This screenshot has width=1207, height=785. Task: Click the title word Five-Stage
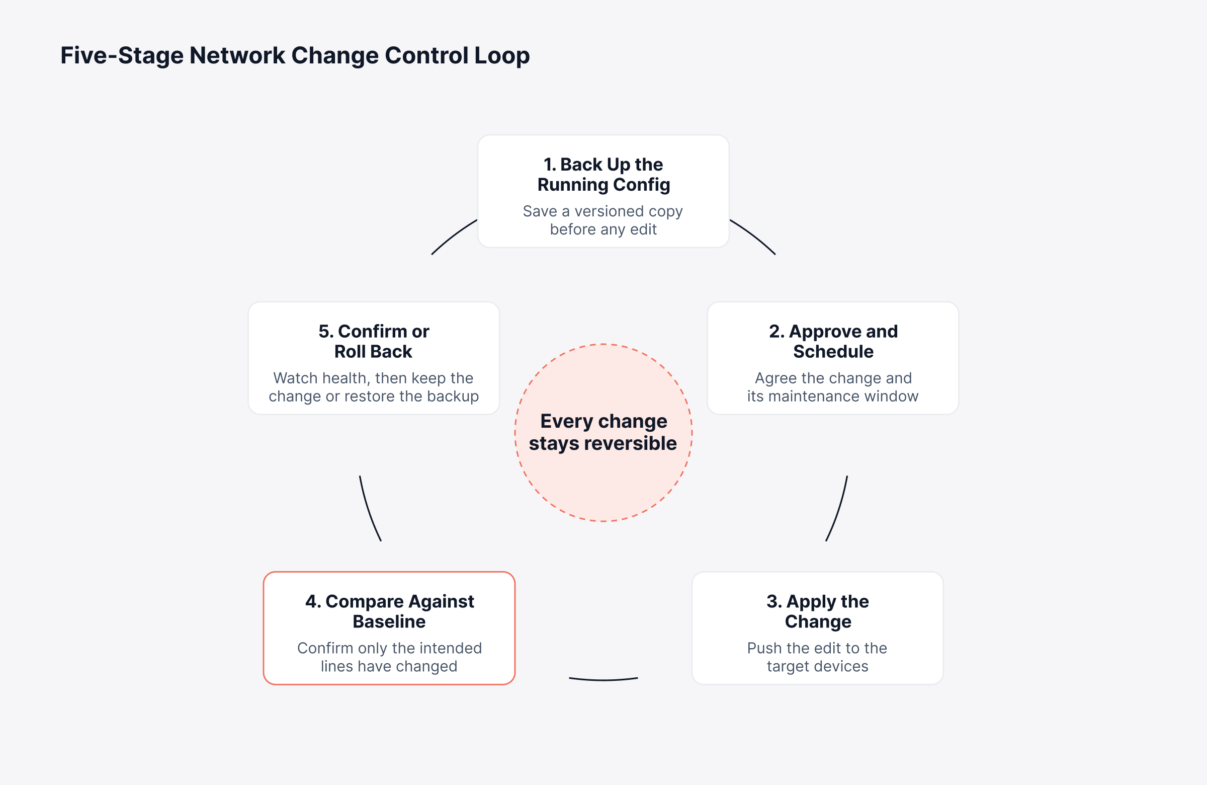click(x=122, y=55)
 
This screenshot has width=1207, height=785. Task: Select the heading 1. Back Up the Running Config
click(x=603, y=175)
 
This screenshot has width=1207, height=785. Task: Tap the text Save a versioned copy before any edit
click(x=603, y=220)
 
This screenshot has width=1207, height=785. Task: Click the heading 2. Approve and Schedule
click(x=833, y=341)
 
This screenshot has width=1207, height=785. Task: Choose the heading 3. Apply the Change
click(x=818, y=611)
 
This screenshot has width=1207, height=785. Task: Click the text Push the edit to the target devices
click(x=817, y=657)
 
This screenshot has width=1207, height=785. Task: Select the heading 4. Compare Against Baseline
click(x=389, y=611)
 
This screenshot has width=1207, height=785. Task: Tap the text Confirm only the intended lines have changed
click(x=389, y=657)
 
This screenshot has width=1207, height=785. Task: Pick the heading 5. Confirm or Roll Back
click(x=374, y=341)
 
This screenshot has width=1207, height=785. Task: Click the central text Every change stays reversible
click(x=603, y=432)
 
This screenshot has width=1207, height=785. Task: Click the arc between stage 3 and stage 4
click(x=603, y=679)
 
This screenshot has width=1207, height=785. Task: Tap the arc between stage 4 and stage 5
click(x=368, y=509)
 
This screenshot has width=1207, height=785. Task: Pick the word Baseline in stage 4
click(x=389, y=621)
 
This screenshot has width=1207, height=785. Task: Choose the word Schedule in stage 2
click(x=833, y=351)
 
